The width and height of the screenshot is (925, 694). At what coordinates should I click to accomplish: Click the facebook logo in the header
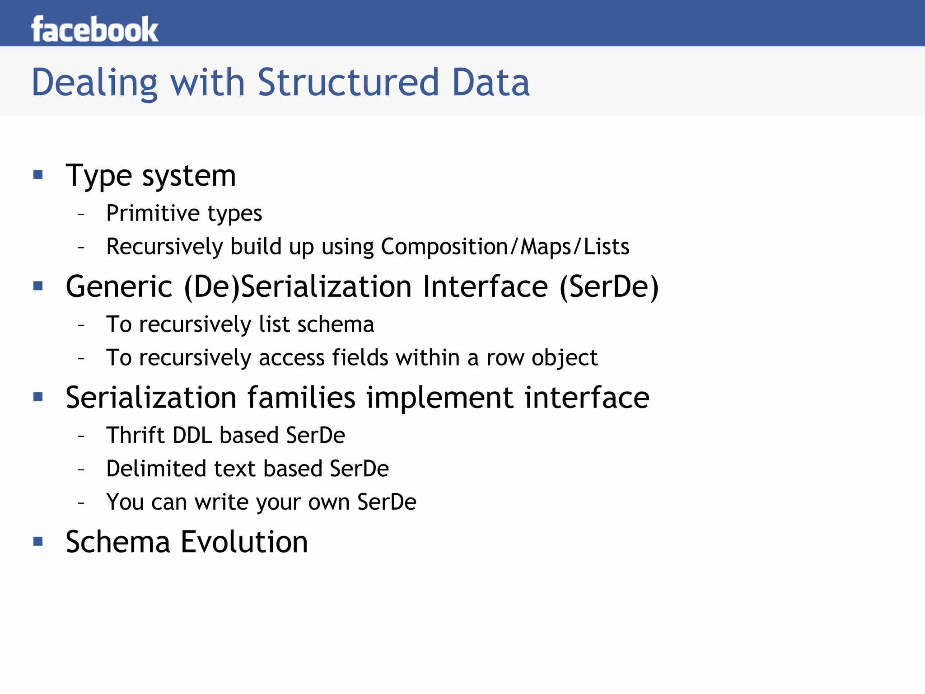click(94, 29)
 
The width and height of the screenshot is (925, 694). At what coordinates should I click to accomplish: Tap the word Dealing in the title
click(94, 83)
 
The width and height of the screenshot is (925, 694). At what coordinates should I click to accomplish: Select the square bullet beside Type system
click(38, 174)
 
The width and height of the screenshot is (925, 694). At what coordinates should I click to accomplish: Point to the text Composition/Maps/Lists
click(505, 247)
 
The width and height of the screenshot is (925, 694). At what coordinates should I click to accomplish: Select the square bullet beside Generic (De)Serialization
click(38, 286)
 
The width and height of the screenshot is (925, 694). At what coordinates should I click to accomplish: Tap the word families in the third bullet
click(301, 398)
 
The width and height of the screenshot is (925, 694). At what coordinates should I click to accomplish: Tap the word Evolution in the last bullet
click(244, 542)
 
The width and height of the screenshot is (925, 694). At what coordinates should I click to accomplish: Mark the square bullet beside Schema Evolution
click(38, 541)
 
